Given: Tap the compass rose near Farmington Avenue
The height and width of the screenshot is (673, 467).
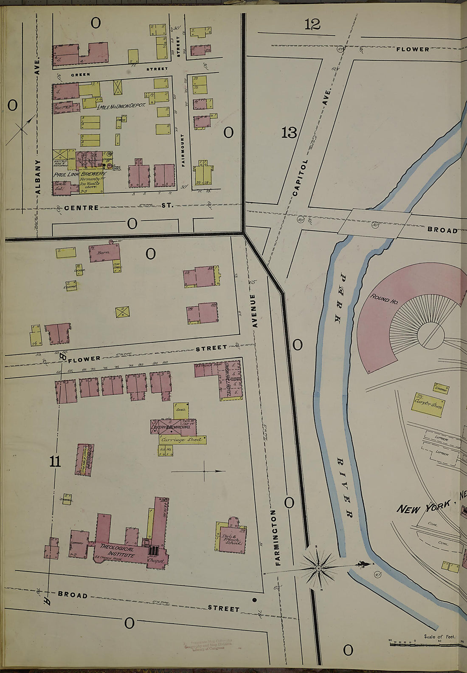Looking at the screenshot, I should [x=318, y=568].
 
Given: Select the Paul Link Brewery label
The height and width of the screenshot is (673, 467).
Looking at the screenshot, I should [x=79, y=175].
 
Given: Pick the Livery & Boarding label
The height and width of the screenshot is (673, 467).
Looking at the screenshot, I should [x=171, y=427].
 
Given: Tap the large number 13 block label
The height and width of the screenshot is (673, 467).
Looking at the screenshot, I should [x=289, y=133].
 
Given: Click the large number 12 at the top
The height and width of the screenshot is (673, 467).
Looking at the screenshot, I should [x=312, y=25].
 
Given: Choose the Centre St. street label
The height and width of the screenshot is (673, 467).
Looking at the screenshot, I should [x=115, y=207].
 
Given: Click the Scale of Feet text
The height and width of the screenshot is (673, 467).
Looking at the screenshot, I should [x=439, y=636].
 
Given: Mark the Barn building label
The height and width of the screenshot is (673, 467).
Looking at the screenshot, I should [x=103, y=252].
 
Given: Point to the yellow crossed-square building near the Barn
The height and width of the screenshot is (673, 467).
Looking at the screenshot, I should [x=122, y=312].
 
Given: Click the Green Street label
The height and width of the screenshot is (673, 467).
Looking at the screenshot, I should [x=81, y=74].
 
